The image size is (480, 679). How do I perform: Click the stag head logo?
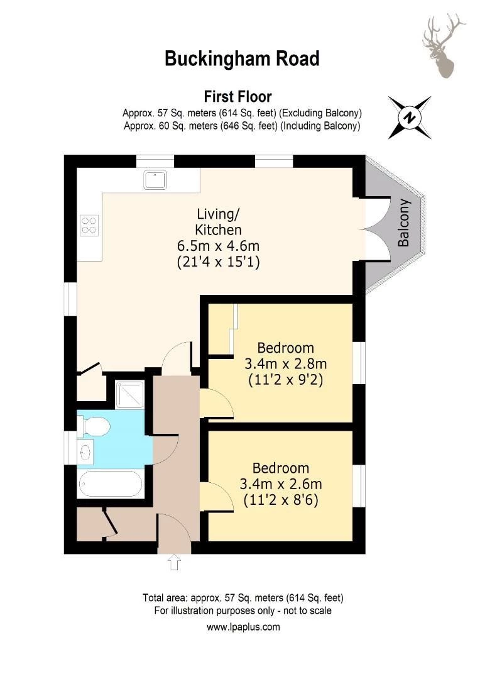(x=442, y=47)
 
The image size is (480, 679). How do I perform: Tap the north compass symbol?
(x=410, y=118)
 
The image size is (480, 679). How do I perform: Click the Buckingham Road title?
(x=242, y=59)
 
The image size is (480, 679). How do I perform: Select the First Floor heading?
(x=237, y=97)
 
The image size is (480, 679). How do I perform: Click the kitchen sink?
(x=154, y=179)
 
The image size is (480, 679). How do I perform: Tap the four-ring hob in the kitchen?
(x=89, y=224)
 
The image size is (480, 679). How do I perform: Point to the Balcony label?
(x=404, y=223)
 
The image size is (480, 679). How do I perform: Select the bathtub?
(x=110, y=484)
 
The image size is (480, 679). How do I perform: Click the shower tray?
(x=130, y=394)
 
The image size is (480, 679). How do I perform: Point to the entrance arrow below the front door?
(x=175, y=562)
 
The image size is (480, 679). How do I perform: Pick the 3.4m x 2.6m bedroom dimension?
(x=281, y=484)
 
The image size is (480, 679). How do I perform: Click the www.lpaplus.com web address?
(x=243, y=627)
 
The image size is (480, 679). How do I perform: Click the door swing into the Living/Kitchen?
(x=176, y=358)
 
